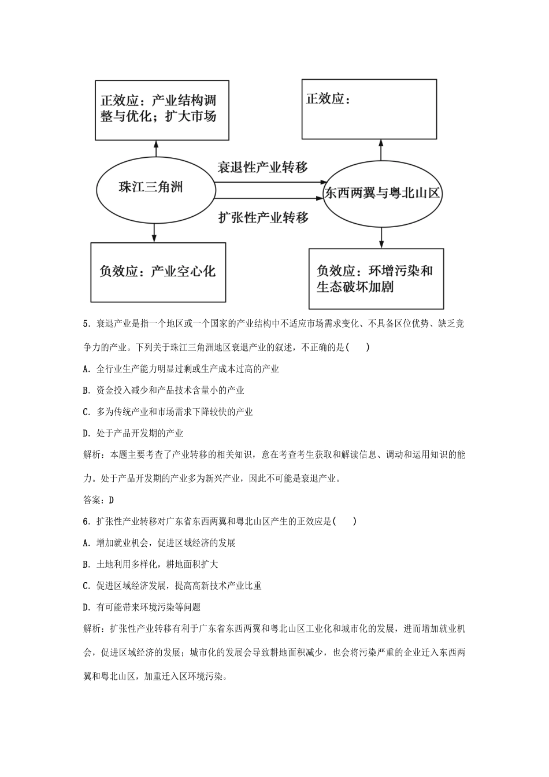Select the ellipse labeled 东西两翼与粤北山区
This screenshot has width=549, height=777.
(381, 193)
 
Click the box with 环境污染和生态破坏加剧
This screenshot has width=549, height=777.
(376, 279)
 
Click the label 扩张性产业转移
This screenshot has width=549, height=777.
(263, 217)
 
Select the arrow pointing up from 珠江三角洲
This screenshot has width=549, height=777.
(155, 149)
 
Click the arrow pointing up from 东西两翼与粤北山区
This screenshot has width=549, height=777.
(381, 150)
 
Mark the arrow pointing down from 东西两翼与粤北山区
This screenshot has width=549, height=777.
(381, 237)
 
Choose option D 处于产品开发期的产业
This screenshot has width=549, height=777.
(133, 433)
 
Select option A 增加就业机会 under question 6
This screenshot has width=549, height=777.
(159, 543)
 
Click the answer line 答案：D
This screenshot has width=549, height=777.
(99, 500)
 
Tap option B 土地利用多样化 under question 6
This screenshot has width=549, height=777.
(151, 564)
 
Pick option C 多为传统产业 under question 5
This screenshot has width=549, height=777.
(168, 412)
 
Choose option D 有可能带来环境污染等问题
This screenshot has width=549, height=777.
(142, 607)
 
